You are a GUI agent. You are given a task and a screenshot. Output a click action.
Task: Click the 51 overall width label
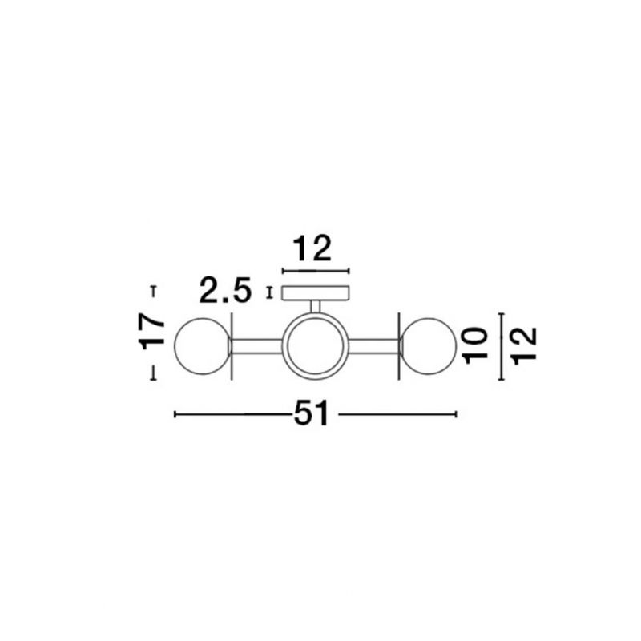311,413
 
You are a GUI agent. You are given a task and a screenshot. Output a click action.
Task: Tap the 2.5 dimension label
225,291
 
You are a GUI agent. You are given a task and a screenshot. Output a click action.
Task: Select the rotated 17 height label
152,333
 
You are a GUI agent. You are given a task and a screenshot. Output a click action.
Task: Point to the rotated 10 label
476,345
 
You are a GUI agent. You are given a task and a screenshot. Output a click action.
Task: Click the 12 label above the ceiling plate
312,248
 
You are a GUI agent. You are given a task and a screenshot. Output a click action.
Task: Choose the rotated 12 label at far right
524,347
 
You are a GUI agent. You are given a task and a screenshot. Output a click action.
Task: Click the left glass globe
203,346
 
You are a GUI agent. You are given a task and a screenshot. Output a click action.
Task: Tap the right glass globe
428,346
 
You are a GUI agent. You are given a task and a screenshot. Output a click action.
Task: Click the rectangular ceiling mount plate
315,293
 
